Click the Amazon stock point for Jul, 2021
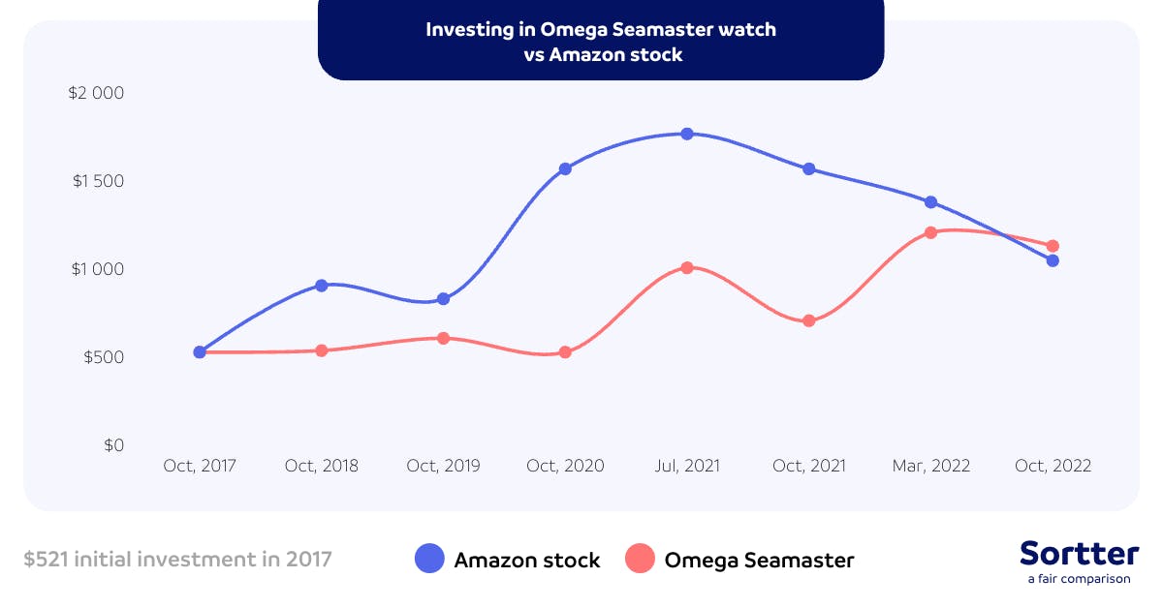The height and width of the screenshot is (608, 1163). click(x=686, y=134)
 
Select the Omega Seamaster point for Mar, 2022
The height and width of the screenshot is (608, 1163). click(x=930, y=232)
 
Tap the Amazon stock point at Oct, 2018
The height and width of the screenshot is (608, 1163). click(x=321, y=286)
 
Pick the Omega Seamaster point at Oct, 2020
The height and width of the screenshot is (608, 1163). click(x=565, y=352)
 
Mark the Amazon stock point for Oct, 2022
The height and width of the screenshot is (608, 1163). click(x=1053, y=260)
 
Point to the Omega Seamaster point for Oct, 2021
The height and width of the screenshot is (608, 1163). click(x=808, y=320)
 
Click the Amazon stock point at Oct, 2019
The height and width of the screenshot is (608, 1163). click(x=443, y=299)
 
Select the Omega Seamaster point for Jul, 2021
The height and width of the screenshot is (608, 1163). click(x=686, y=267)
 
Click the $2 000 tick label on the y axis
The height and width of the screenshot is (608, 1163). click(x=97, y=94)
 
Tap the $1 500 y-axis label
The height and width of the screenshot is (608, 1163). click(x=97, y=182)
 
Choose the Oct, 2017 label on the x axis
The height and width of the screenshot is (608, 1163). click(x=199, y=466)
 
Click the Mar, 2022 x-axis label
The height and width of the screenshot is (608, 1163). click(x=930, y=466)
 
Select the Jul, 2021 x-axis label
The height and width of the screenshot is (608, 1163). click(x=686, y=466)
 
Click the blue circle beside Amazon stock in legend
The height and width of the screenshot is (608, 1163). click(x=428, y=559)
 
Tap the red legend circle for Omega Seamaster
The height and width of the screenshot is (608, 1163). click(x=640, y=559)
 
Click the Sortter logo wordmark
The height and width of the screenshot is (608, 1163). click(x=1079, y=554)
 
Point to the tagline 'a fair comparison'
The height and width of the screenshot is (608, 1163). click(x=1079, y=579)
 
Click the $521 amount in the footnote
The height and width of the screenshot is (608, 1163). click(x=46, y=559)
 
